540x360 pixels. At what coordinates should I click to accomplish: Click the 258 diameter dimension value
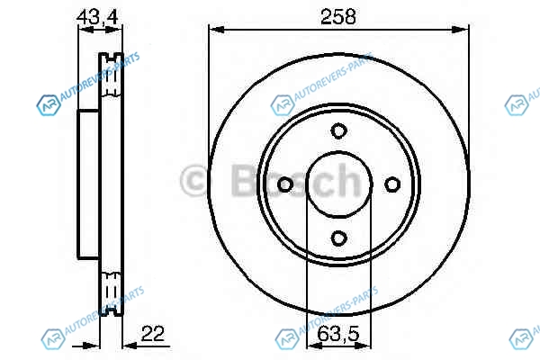pos(337,17)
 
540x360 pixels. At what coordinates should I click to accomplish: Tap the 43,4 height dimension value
pos(97,17)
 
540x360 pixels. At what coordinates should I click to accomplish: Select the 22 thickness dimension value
pos(153,333)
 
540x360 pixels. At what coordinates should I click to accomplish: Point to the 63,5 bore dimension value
pos(338,333)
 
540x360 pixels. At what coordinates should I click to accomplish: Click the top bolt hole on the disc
pos(339,130)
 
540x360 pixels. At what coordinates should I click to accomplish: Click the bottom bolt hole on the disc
pos(339,238)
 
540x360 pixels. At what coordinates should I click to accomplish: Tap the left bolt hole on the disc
pos(285,184)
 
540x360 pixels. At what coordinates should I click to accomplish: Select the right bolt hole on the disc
pos(392,184)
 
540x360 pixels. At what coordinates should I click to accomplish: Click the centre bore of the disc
pos(339,184)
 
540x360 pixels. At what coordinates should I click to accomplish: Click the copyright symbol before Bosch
pos(193,180)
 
